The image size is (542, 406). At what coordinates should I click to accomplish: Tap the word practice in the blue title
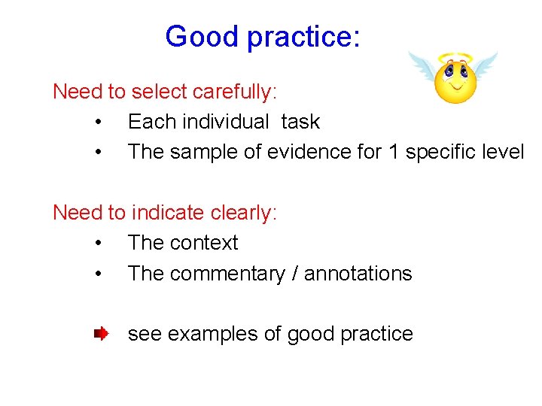(x=304, y=38)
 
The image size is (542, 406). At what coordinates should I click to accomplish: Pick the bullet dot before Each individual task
(x=99, y=122)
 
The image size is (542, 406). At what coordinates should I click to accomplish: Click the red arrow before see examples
(x=101, y=333)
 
